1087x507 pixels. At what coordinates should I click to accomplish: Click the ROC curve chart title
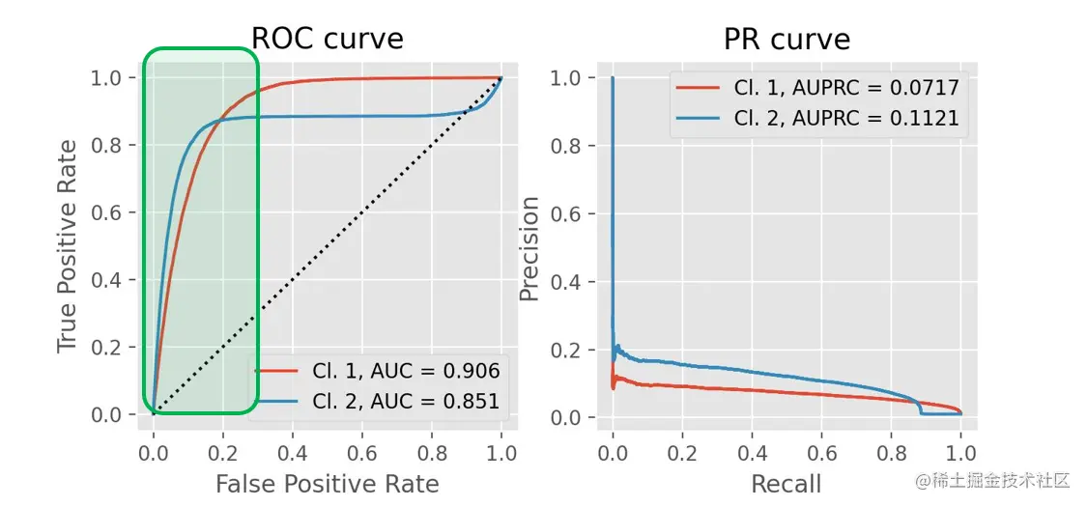(x=327, y=39)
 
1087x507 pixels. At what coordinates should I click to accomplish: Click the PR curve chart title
(x=787, y=39)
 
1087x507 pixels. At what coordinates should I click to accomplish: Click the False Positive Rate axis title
(x=327, y=483)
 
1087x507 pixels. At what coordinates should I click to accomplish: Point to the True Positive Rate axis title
(x=67, y=246)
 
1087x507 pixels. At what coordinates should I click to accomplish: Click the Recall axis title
(x=787, y=483)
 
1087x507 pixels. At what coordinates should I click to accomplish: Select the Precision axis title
(x=529, y=248)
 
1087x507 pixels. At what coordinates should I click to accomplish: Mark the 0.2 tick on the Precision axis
(x=568, y=350)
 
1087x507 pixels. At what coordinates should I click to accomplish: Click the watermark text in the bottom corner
(x=993, y=480)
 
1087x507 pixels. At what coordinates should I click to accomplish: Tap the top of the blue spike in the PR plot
(x=613, y=78)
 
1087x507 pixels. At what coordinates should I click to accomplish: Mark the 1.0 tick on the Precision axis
(x=568, y=78)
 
